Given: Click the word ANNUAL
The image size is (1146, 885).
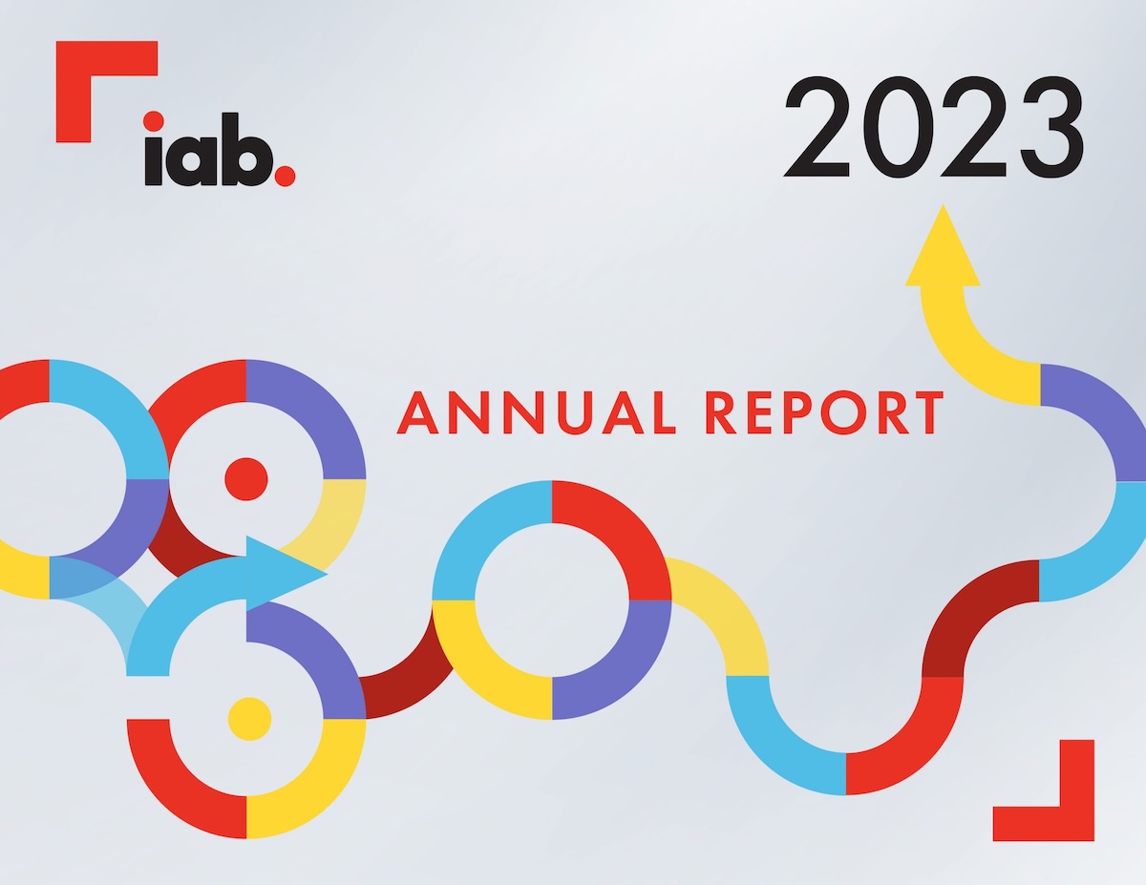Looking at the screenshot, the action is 536,412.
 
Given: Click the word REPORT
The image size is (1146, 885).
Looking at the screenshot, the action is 825,412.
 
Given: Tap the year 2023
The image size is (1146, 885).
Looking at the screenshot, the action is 933,127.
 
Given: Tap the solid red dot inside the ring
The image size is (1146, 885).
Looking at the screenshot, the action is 246,479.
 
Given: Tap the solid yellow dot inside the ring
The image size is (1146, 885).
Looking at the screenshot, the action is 249,719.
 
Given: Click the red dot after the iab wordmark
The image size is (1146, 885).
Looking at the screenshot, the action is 286,176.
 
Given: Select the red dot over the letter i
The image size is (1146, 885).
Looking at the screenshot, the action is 153,121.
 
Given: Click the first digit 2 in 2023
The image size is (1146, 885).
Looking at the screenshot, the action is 817,127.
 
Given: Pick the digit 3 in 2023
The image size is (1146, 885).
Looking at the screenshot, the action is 1052,127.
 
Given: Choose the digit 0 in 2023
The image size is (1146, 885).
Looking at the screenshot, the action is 896,127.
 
